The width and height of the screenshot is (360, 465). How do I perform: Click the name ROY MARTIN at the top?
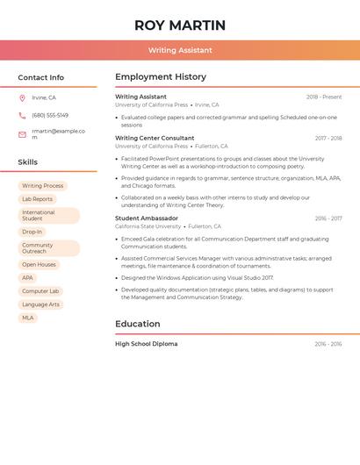(180, 25)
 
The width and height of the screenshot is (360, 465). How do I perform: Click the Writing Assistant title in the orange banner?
(180, 51)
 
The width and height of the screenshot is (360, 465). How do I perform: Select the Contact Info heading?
(40, 77)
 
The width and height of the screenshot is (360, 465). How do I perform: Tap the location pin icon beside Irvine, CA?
(22, 98)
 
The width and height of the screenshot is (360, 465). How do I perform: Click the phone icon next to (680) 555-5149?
(22, 116)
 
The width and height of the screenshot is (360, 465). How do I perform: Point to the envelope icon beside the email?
(22, 134)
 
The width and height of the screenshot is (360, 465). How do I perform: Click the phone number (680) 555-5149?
(50, 116)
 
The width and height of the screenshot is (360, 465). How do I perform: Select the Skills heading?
(28, 162)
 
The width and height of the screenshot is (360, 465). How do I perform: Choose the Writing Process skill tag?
(42, 186)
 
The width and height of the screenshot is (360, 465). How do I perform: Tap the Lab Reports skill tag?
(37, 199)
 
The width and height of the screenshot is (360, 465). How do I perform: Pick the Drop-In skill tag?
(32, 232)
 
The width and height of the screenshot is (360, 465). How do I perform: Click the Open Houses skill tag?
(39, 265)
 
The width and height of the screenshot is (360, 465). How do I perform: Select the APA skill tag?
(27, 278)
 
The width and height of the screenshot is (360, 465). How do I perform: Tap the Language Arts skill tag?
(40, 304)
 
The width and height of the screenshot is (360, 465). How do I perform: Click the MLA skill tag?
(27, 318)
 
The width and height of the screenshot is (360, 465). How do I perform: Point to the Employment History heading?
(161, 77)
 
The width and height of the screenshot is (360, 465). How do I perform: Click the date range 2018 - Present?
(324, 97)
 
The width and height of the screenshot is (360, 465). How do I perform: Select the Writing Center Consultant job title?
(155, 138)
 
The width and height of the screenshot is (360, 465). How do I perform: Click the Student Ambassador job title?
(147, 218)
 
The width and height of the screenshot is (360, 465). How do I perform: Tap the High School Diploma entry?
(146, 344)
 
